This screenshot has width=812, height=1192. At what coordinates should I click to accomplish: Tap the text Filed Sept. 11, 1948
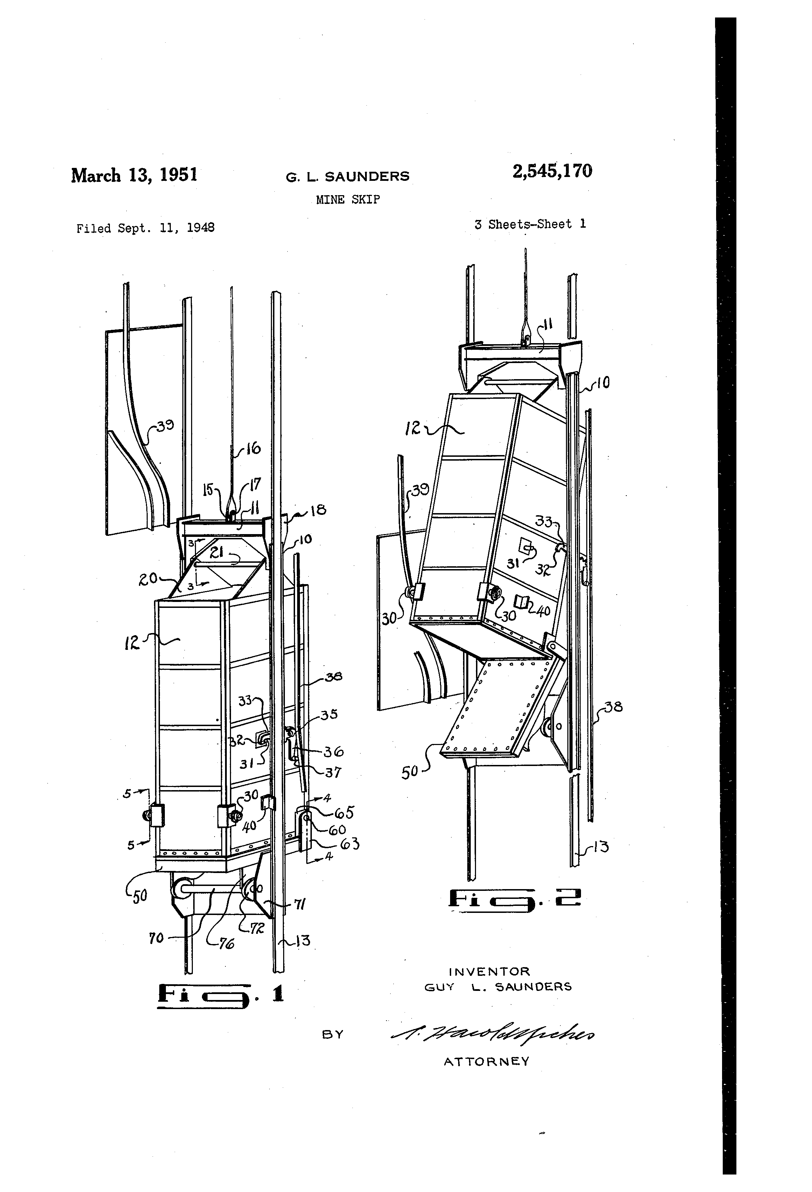tap(145, 228)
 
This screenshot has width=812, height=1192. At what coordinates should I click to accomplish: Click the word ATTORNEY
tap(486, 1061)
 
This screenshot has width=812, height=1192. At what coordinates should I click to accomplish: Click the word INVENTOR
tap(489, 971)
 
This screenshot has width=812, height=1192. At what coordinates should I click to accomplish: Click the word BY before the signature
tap(332, 1035)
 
